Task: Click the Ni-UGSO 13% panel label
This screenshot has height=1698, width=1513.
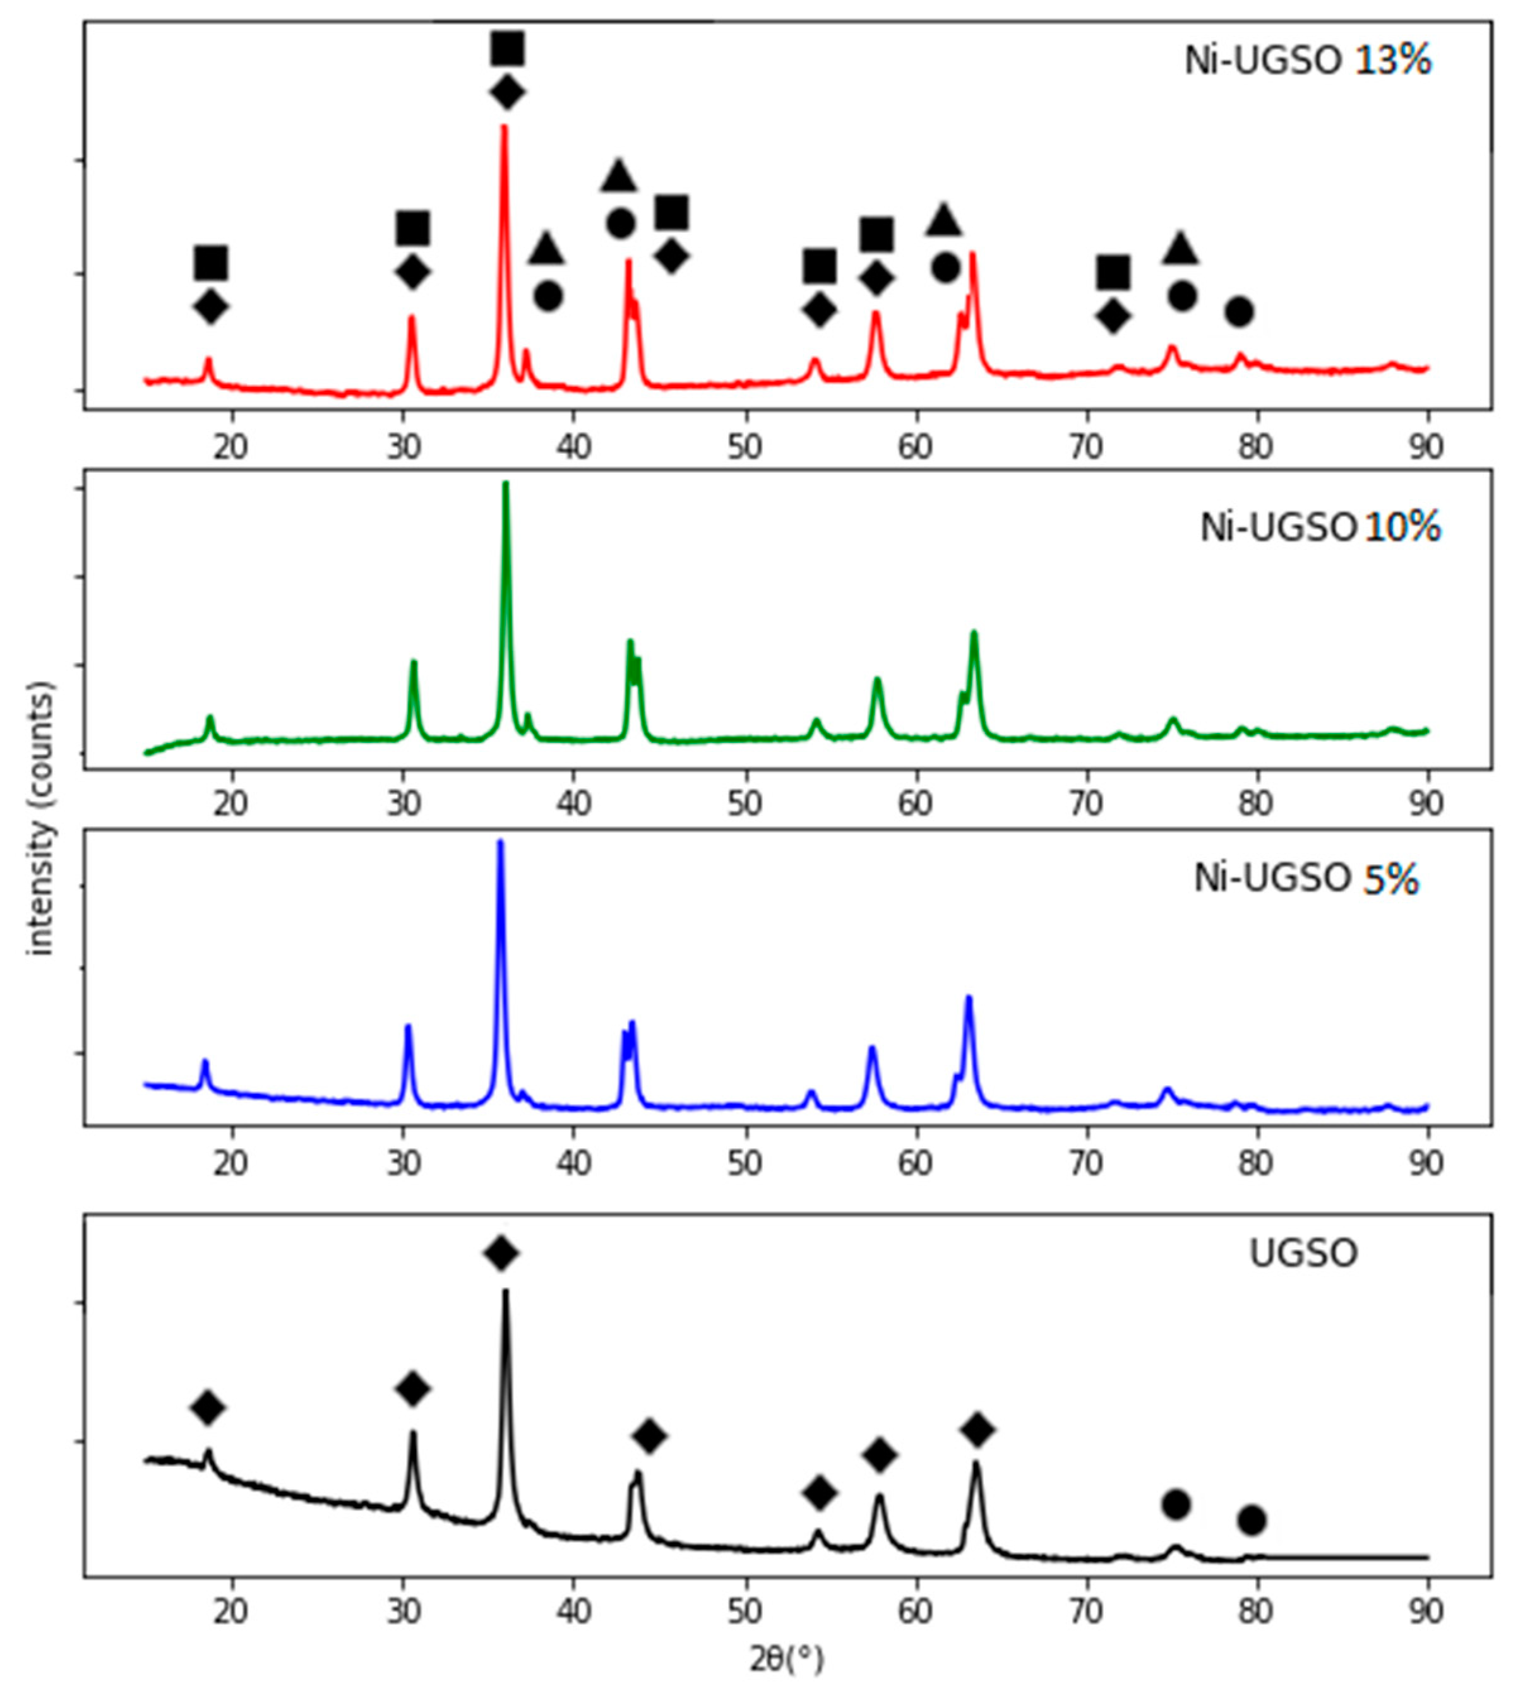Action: tap(1307, 61)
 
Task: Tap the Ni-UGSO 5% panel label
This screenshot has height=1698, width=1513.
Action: tap(1306, 879)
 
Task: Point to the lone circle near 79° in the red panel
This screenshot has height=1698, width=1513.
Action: tap(1239, 312)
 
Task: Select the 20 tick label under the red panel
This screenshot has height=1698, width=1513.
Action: tap(232, 447)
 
